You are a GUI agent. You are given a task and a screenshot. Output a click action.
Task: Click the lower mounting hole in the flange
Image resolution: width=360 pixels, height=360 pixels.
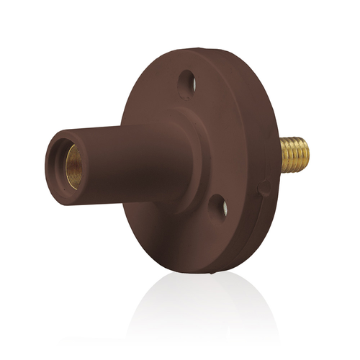tap(218, 209)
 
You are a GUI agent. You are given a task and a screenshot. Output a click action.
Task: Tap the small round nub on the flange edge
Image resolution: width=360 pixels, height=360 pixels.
tap(265, 189)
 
